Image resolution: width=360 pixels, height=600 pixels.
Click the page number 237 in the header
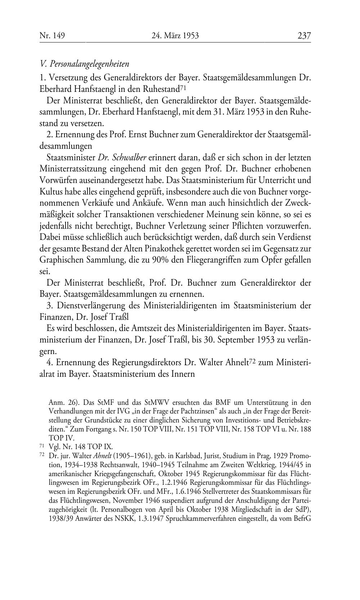pyautogui.click(x=304, y=36)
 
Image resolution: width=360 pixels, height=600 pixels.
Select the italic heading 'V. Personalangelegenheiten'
pyautogui.click(x=85, y=64)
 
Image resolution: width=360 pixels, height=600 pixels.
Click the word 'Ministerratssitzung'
pyautogui.click(x=76, y=169)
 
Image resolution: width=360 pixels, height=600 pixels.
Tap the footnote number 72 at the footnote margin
pyautogui.click(x=41, y=455)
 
